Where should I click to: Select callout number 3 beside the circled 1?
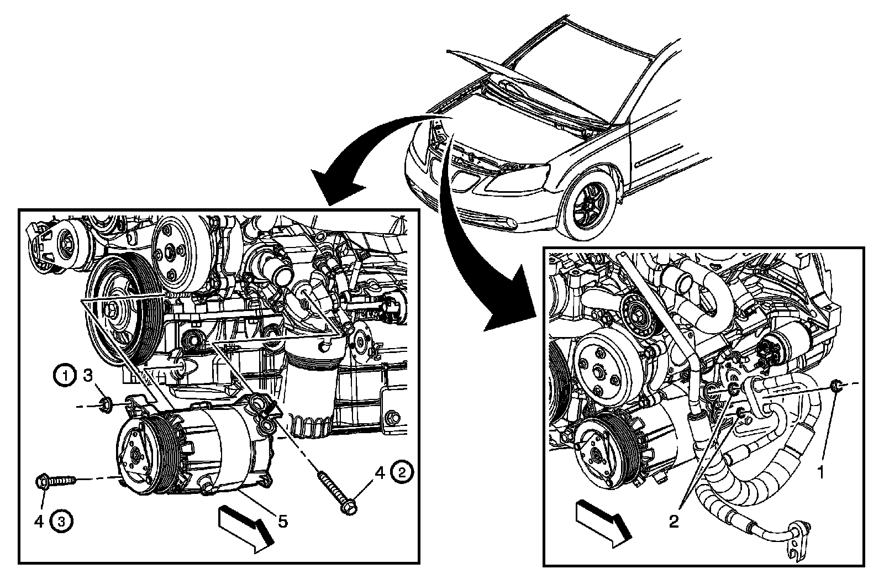coord(88,377)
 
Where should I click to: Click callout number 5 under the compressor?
coord(283,520)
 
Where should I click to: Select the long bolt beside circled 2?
coord(336,492)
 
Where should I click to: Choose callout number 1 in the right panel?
coord(822,473)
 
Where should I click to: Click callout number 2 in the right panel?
coord(673,521)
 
